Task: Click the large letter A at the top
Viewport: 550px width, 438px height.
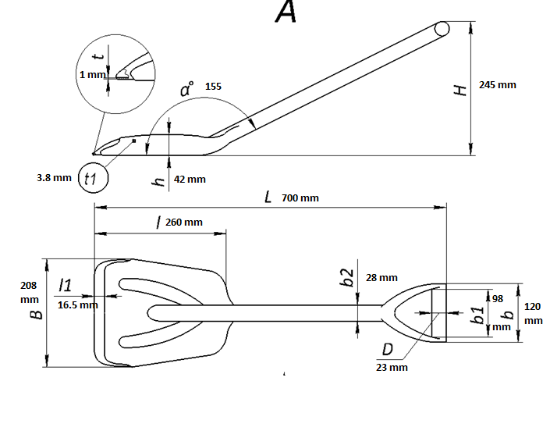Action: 286,12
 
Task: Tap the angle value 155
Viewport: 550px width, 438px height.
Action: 213,87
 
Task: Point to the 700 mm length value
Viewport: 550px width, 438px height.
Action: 300,198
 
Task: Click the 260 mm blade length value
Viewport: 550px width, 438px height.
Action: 184,223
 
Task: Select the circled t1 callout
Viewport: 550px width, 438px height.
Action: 91,179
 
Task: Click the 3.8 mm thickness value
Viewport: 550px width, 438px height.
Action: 54,178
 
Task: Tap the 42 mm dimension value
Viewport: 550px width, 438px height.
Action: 190,180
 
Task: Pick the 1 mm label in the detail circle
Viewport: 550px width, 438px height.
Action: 92,75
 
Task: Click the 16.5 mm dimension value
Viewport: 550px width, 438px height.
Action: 78,304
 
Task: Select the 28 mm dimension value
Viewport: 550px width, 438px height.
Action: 381,278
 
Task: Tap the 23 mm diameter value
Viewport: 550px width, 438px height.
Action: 392,367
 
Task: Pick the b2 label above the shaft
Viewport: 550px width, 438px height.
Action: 349,277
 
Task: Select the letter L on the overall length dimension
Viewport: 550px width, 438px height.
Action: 268,198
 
